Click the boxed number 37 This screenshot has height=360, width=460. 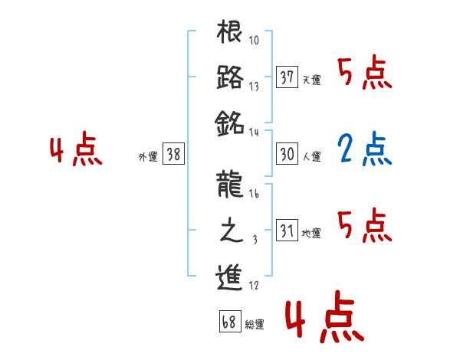click(287, 77)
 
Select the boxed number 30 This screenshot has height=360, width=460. click(287, 154)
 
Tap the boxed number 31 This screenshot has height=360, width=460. click(287, 231)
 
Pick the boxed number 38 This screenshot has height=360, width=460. click(173, 154)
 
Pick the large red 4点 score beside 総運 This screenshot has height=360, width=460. click(322, 319)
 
